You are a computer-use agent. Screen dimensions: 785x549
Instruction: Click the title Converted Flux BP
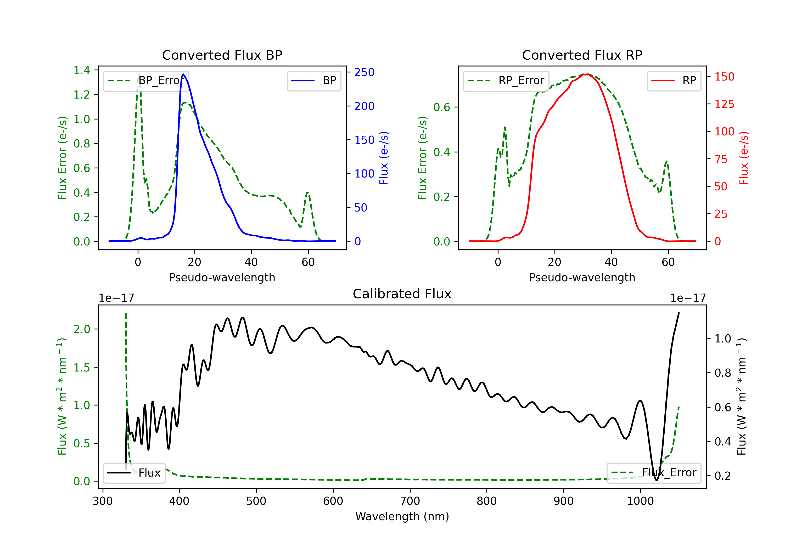[x=222, y=55]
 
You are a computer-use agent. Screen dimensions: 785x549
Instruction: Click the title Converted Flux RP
[x=582, y=55]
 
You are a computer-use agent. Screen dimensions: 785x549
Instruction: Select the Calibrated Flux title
[x=402, y=294]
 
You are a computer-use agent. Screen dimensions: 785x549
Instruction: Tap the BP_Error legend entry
[x=146, y=81]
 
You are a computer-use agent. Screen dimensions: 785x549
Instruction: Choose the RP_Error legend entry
[x=506, y=81]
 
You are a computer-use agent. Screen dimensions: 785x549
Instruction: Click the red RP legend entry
[x=674, y=81]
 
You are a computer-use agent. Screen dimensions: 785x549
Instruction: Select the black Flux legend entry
[x=134, y=473]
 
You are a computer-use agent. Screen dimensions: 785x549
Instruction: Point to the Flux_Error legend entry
[x=654, y=473]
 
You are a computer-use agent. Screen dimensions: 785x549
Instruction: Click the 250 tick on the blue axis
[x=364, y=72]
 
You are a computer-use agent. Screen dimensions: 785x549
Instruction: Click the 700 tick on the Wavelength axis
[x=410, y=501]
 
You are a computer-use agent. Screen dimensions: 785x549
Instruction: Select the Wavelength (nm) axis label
[x=402, y=516]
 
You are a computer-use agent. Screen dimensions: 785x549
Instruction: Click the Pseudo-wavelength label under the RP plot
[x=582, y=277]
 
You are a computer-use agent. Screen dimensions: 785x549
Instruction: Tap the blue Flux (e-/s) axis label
[x=384, y=158]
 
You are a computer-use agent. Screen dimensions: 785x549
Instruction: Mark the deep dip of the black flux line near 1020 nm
[x=657, y=480]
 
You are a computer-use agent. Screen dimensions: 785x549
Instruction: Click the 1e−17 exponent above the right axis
[x=688, y=298]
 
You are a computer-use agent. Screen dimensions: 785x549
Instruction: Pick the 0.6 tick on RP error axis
[x=442, y=107]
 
